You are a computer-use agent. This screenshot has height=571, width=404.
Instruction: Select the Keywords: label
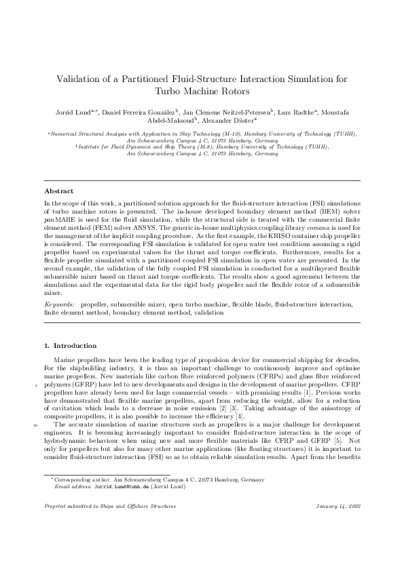(x=59, y=306)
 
